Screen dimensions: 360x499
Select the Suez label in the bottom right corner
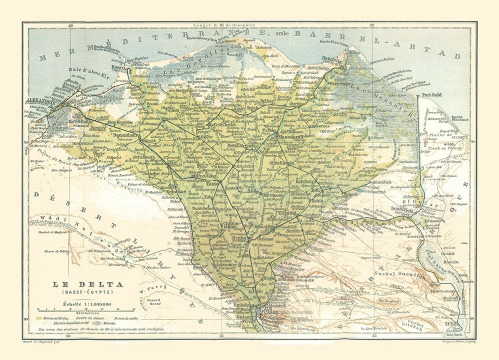(x=457, y=319)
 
